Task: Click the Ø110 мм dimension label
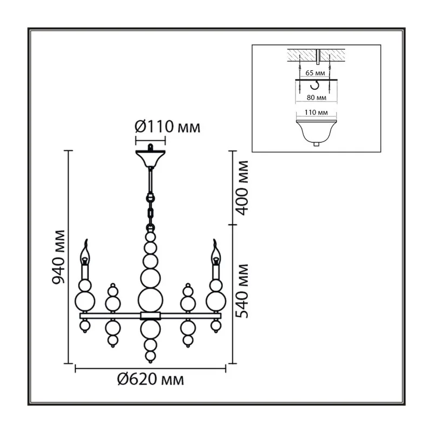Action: point(167,127)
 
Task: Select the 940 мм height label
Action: point(59,257)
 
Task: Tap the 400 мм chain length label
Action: point(242,188)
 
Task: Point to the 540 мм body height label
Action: point(242,291)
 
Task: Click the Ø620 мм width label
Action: point(150,379)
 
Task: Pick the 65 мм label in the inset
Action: point(315,73)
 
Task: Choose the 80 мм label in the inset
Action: point(316,97)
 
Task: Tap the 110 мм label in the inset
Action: point(316,113)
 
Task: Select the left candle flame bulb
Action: point(85,253)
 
